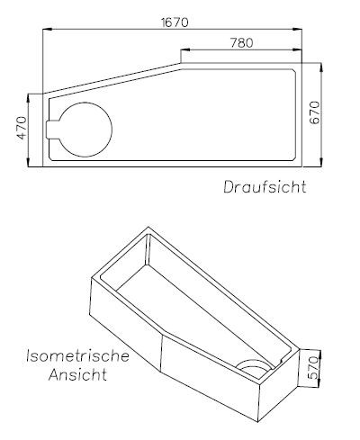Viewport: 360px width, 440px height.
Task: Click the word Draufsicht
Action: (265, 188)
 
